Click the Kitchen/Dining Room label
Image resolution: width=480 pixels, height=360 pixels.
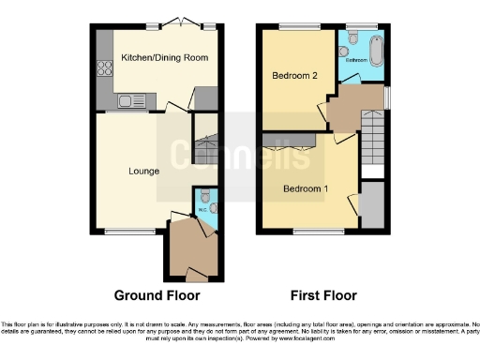click(x=164, y=58)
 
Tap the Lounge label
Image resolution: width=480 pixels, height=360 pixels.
click(x=143, y=172)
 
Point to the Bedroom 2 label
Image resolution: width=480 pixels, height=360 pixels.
click(x=293, y=74)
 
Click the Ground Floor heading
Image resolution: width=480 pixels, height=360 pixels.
click(x=157, y=294)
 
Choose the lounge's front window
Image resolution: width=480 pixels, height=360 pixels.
click(x=128, y=230)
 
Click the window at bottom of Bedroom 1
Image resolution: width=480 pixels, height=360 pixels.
click(x=307, y=230)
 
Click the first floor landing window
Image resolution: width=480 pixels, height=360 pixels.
click(x=385, y=96)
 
